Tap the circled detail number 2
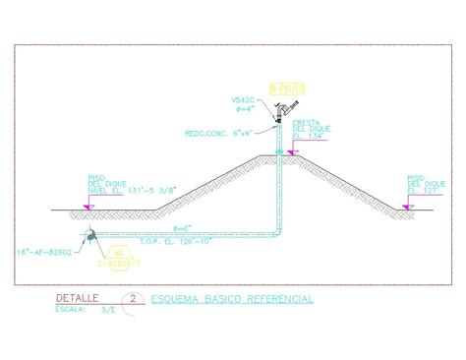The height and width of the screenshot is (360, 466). click(131, 298)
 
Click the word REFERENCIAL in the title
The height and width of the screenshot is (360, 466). click(278, 298)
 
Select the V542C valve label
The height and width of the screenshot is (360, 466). click(244, 100)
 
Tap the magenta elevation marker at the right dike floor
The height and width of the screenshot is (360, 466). click(405, 206)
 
